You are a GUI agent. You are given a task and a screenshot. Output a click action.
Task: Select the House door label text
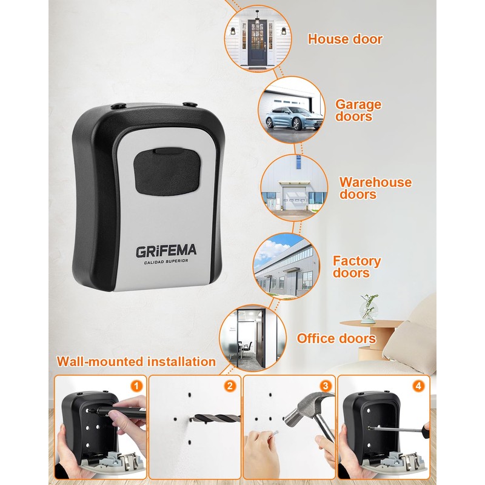345,39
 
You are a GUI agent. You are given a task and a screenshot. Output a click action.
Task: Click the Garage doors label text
358,110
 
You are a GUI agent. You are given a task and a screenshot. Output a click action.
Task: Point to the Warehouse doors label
375,188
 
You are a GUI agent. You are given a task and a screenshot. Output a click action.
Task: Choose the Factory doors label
356,267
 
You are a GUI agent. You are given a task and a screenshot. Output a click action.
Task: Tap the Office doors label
336,338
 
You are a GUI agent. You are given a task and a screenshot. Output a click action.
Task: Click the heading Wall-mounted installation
136,362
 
